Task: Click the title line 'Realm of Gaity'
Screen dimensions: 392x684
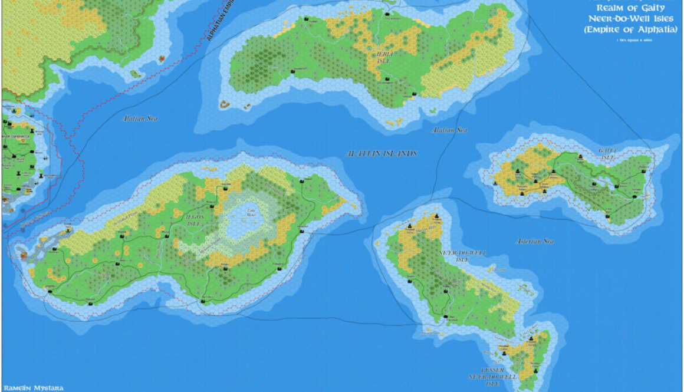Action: point(631,8)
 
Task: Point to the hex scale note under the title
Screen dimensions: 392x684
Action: point(630,39)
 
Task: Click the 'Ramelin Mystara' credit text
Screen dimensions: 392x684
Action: point(32,387)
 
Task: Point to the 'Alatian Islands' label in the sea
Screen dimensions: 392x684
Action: point(382,153)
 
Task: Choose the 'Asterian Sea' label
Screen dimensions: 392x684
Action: point(535,241)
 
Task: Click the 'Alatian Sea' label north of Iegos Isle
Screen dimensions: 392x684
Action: point(139,118)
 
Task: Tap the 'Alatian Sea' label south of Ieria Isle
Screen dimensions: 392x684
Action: point(449,130)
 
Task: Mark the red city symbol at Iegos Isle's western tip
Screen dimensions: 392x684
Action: point(24,256)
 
